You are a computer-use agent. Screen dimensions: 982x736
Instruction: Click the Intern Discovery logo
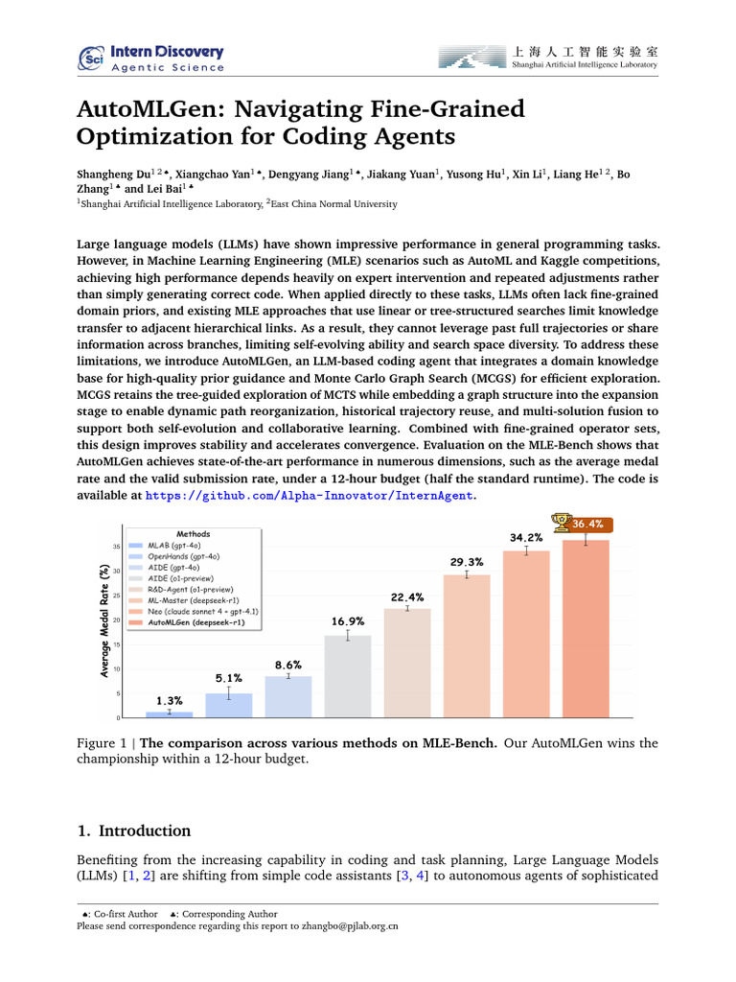coord(151,58)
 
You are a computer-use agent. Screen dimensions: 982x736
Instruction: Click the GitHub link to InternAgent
coord(309,496)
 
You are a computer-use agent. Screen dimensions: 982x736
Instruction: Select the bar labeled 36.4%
coord(586,628)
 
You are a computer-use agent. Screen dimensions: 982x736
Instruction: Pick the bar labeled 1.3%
coord(169,714)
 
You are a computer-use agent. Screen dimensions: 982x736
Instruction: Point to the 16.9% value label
coord(348,620)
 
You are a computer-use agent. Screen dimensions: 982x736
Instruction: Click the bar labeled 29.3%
coord(467,645)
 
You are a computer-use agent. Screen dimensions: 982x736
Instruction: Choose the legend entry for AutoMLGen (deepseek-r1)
coord(195,622)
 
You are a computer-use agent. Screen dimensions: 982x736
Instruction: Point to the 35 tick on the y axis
coord(117,547)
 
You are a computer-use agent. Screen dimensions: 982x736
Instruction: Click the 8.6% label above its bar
coord(287,665)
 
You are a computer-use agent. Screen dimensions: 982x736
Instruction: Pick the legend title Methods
coord(193,533)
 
